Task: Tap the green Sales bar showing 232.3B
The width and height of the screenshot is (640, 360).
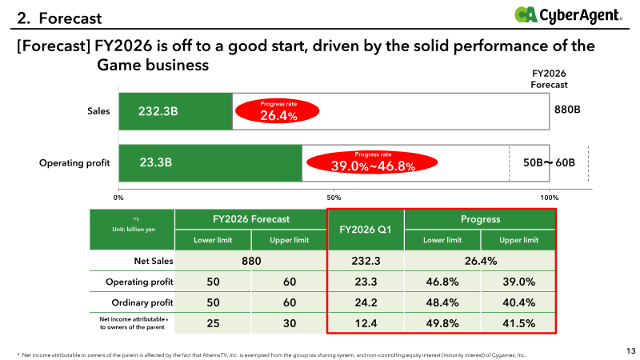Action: [x=175, y=111]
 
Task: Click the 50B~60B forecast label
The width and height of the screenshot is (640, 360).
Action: [x=549, y=162]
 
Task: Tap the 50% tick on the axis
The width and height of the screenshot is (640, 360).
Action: [x=334, y=197]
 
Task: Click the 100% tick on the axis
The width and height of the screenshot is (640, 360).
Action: [x=550, y=197]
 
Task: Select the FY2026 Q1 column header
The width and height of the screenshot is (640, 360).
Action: [x=365, y=230]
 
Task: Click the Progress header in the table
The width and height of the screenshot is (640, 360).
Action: [x=480, y=218]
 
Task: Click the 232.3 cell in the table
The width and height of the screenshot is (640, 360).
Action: [x=365, y=260]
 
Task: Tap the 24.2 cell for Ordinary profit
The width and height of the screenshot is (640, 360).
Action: [x=365, y=302]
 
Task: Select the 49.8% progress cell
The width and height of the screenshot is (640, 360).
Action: [x=442, y=322]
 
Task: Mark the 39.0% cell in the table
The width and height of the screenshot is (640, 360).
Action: [x=518, y=281]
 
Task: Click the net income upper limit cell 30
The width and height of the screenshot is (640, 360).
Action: [x=289, y=322]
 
